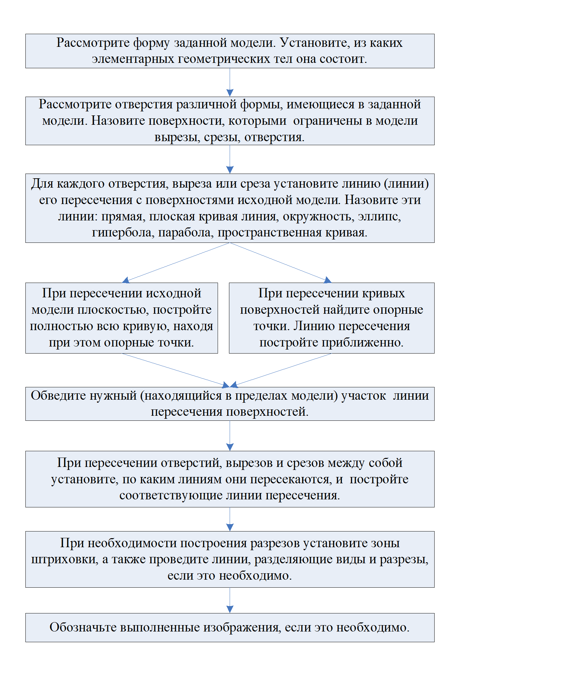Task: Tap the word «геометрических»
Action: [x=224, y=59]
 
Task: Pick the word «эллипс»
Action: [x=379, y=217]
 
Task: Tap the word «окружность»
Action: [x=318, y=217]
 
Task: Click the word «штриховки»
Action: [x=65, y=560]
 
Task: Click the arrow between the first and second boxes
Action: [x=230, y=82]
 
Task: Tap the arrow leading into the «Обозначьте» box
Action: [x=230, y=600]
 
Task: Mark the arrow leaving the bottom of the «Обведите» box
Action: [x=230, y=436]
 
